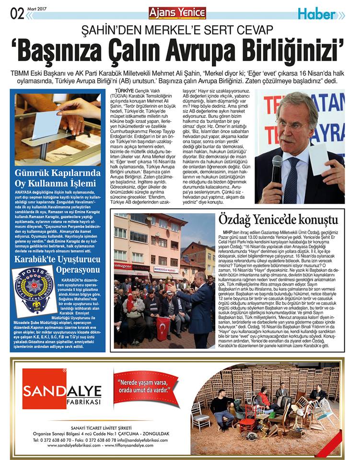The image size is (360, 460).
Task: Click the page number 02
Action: (16, 14)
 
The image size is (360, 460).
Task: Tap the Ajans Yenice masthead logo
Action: (177, 12)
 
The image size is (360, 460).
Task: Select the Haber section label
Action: (316, 14)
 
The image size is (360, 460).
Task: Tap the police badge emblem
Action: (34, 290)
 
